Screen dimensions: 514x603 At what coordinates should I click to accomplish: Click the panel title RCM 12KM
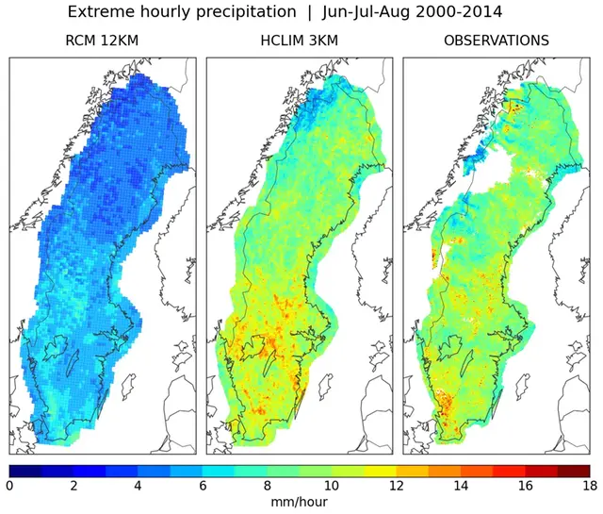pyautogui.click(x=104, y=41)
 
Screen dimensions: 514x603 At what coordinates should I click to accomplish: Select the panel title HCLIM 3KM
pyautogui.click(x=300, y=41)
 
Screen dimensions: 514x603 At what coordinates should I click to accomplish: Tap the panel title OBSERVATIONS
pyautogui.click(x=497, y=41)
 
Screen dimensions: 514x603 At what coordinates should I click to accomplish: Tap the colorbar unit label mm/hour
pyautogui.click(x=300, y=504)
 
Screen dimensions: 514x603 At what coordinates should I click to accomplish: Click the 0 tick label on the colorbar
pyautogui.click(x=10, y=487)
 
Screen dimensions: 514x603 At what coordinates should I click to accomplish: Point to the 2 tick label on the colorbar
pyautogui.click(x=74, y=487)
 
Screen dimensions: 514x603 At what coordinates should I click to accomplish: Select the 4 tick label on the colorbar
pyautogui.click(x=139, y=487)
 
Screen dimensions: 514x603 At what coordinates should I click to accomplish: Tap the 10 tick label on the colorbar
pyautogui.click(x=332, y=487)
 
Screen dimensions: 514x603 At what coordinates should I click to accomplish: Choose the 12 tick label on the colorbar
pyautogui.click(x=397, y=487)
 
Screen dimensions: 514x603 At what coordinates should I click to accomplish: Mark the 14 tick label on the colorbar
pyautogui.click(x=461, y=487)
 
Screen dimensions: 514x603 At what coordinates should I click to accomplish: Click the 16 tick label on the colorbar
pyautogui.click(x=525, y=487)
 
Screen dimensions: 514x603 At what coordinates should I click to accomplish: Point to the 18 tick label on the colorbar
pyautogui.click(x=589, y=487)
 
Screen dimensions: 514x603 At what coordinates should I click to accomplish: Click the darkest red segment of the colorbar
pyautogui.click(x=573, y=470)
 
